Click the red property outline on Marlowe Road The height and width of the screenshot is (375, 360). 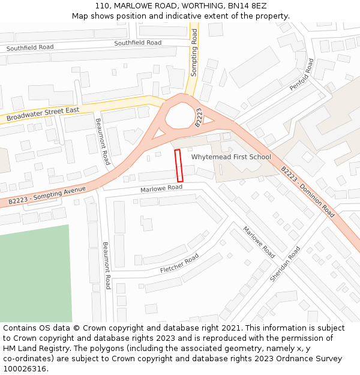[178, 166]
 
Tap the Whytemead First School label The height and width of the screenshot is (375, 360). [231, 157]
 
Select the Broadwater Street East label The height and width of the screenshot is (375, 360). [43, 114]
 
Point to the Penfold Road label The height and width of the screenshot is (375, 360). [301, 74]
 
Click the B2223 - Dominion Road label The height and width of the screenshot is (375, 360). [308, 191]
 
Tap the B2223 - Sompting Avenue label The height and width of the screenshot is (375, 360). [47, 195]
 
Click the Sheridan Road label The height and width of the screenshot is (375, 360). [284, 265]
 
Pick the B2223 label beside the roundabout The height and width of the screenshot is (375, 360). [199, 118]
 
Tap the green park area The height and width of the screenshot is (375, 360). [33, 276]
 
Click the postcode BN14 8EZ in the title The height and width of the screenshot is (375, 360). [248, 5]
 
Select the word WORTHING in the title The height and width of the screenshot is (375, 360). [181, 5]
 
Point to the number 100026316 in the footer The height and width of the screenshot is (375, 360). [24, 369]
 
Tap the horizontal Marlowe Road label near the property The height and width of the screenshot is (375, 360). [161, 188]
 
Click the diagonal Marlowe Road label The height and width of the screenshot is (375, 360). [259, 242]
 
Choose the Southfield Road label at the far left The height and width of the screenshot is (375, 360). [29, 47]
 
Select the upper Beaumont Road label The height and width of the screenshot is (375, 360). [103, 142]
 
